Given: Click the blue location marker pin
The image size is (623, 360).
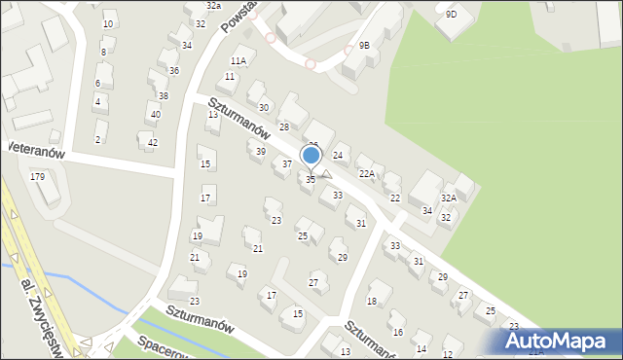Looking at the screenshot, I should [311, 156].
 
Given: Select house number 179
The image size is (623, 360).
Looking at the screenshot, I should [38, 176].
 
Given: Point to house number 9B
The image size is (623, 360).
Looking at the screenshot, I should [364, 45].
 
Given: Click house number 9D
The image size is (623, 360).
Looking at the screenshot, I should [451, 15].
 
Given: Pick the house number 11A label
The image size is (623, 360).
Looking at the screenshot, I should [238, 61].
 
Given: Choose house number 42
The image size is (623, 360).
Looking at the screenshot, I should [152, 143].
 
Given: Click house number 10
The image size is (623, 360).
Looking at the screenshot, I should [107, 24].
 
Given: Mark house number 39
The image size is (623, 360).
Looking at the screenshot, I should [260, 151].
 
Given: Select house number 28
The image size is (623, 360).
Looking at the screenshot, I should [284, 127].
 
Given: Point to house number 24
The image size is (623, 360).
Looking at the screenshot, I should [338, 155].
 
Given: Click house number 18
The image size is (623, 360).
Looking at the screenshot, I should [372, 302].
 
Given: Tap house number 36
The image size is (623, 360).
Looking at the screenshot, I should [173, 71].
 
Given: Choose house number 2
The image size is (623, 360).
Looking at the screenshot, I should [97, 139].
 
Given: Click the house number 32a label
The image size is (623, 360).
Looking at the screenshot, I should [213, 6].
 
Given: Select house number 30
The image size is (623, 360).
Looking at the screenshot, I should [263, 107].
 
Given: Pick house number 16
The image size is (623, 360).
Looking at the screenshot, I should [397, 318].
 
